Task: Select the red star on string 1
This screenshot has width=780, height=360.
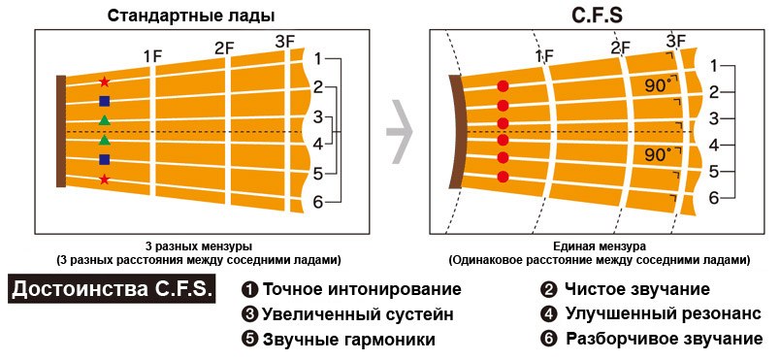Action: (x=105, y=82)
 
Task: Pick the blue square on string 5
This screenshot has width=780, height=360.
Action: (x=105, y=159)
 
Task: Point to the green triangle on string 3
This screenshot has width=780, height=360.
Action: (x=105, y=120)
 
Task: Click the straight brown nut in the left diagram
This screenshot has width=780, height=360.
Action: (x=60, y=130)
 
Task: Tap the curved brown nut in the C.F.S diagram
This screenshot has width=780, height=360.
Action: (x=455, y=131)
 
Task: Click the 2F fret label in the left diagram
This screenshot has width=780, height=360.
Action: (x=225, y=48)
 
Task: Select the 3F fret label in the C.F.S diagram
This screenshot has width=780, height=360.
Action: (x=676, y=40)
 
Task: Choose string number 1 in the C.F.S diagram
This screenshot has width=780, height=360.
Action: (x=714, y=66)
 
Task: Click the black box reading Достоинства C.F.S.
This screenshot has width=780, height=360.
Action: (x=112, y=289)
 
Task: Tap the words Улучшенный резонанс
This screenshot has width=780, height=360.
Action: (x=664, y=313)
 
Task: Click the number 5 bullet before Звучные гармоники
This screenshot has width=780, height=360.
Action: (x=249, y=340)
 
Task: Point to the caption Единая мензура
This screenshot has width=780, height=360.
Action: (x=599, y=247)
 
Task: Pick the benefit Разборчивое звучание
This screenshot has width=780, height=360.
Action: (x=664, y=339)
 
